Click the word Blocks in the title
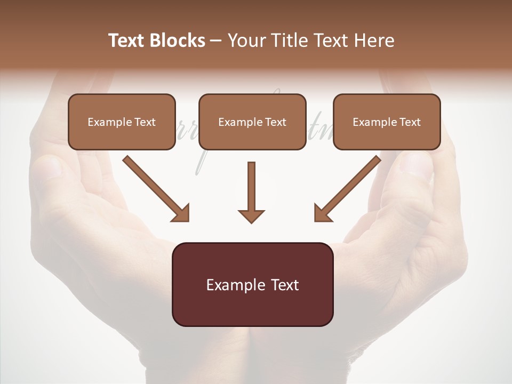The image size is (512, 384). (x=177, y=41)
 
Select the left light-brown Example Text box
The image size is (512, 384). (x=122, y=122)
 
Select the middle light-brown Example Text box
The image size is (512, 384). (x=252, y=122)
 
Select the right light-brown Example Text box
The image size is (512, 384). (x=387, y=122)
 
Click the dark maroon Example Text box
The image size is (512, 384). (x=252, y=284)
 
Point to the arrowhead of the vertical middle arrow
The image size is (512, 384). (x=251, y=216)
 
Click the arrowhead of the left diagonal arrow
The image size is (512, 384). (x=181, y=213)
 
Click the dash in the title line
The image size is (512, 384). (x=216, y=41)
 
